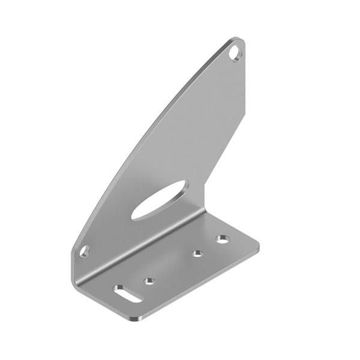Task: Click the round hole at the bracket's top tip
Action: point(235,53)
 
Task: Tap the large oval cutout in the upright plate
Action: point(160,200)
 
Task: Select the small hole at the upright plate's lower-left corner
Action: point(84,251)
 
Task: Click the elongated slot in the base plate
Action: point(127,293)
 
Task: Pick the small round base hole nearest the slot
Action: point(149,280)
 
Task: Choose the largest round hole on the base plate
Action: point(223,239)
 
